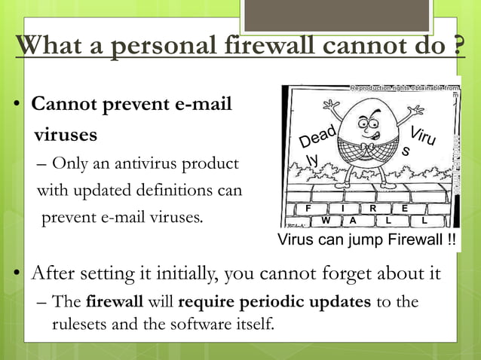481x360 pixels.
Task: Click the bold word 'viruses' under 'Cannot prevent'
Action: [x=65, y=136]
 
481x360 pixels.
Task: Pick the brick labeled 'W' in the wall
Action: [x=326, y=221]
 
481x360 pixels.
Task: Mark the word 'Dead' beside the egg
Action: [x=317, y=138]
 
